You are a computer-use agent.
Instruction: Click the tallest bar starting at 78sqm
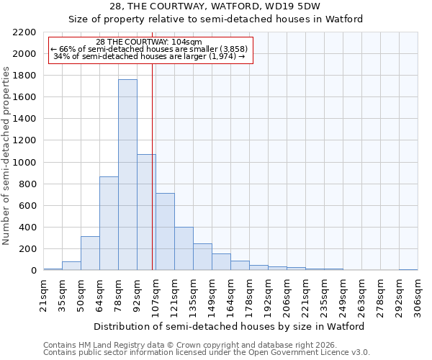click(127, 175)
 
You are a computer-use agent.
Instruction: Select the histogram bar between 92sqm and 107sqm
click(146, 212)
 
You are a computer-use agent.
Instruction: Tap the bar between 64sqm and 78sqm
click(109, 223)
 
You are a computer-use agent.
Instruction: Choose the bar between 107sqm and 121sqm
click(165, 232)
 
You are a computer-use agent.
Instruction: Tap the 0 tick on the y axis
click(32, 271)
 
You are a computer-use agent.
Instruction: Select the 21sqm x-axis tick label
click(43, 297)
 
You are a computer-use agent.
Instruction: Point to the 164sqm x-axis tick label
click(230, 297)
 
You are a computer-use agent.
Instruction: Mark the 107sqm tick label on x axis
click(156, 297)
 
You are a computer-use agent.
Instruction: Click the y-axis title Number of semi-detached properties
click(7, 156)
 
